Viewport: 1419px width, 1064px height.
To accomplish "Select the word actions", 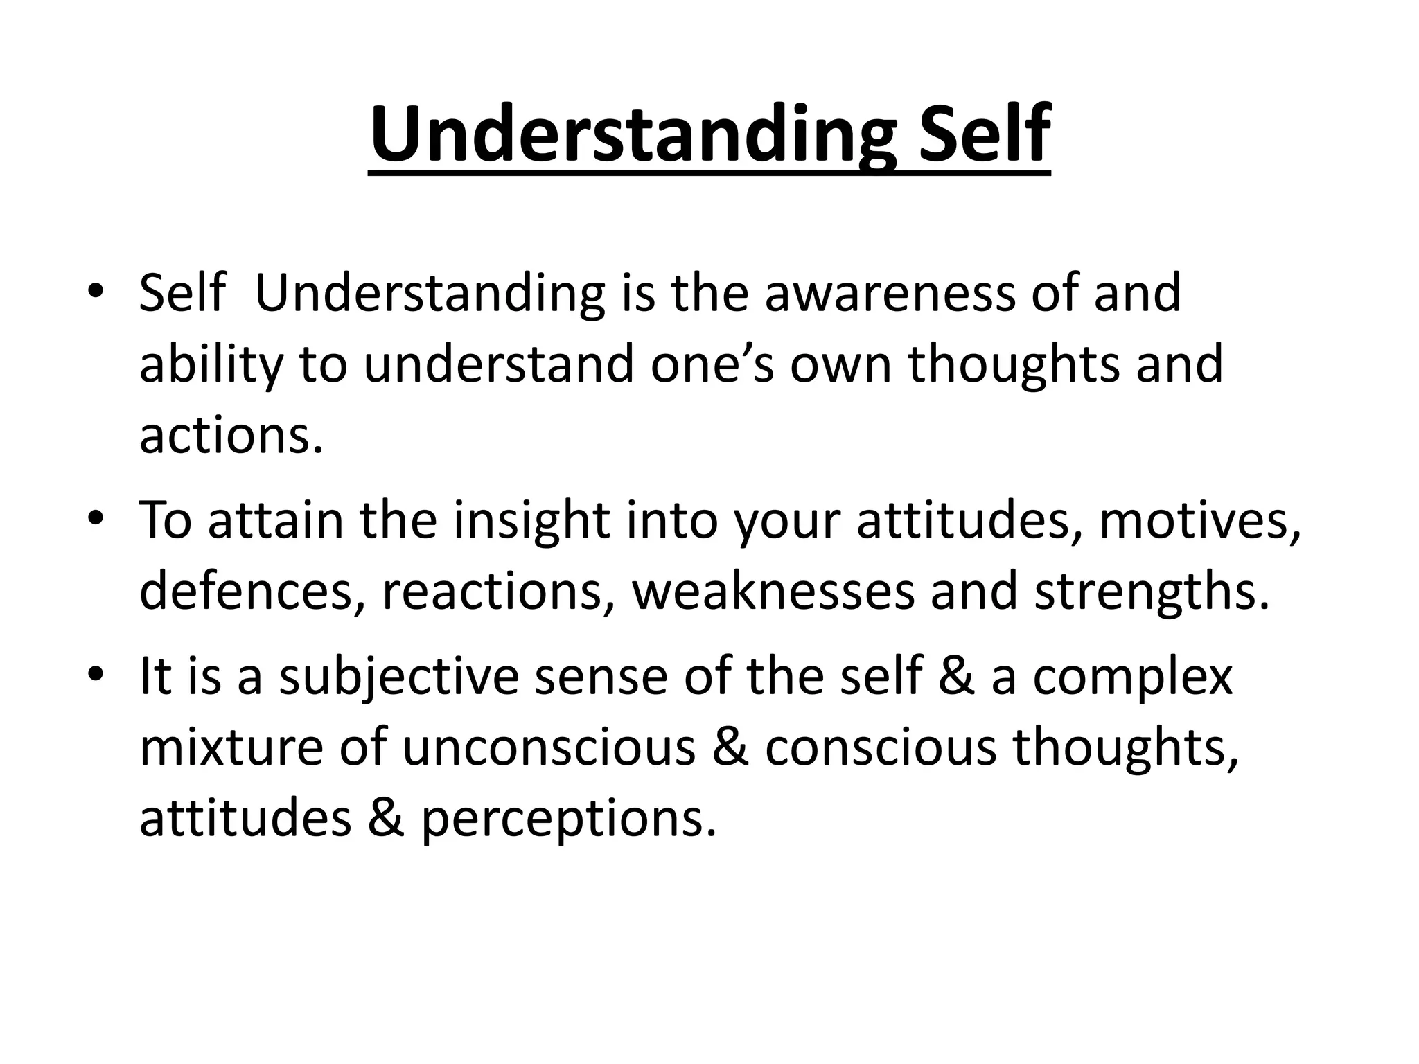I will coord(231,437).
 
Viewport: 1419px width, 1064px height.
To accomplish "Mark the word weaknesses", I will coord(773,592).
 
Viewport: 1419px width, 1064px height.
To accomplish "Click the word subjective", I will coord(398,678).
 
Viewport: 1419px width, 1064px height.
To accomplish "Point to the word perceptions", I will coord(568,820).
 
